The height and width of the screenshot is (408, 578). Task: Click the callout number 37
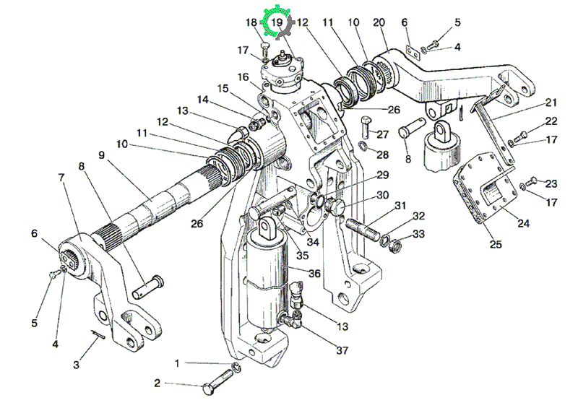point(342,350)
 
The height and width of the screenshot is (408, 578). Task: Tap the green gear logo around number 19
point(277,23)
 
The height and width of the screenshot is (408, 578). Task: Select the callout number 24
point(523,223)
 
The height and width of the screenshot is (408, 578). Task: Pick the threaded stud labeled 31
point(362,229)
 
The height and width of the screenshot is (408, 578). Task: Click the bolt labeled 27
point(366,126)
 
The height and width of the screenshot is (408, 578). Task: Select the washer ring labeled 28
point(363,146)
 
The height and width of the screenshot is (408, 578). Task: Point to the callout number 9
point(102,155)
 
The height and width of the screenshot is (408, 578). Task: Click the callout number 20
point(379,22)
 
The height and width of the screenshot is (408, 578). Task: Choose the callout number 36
point(314,273)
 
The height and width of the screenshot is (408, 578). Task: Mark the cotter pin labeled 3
point(98,334)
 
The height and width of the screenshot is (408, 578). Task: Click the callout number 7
point(61,177)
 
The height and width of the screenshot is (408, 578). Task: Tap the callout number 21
point(551,102)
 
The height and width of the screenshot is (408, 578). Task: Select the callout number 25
point(496,243)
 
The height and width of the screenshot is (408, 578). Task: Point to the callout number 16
point(243,77)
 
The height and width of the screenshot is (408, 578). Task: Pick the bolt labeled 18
point(265,48)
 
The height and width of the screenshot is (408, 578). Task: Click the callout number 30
point(382,194)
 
